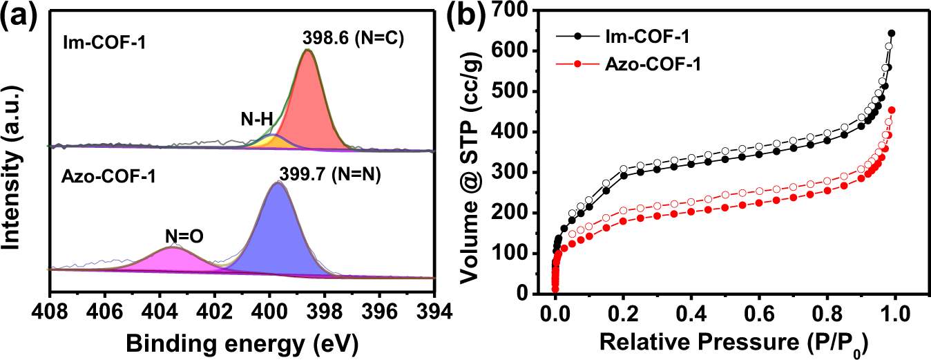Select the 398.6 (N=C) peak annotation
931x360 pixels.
[x=353, y=41]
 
